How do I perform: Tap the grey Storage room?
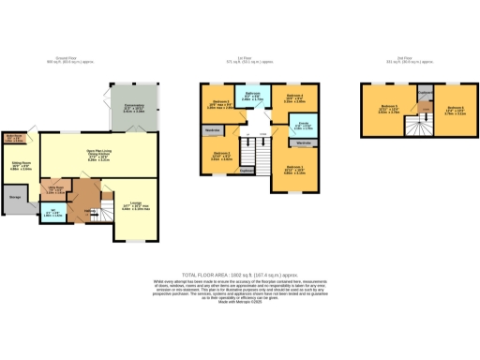point(15,198)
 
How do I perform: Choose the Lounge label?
point(137,206)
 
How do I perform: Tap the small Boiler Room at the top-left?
point(13,139)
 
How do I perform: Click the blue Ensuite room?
point(305,126)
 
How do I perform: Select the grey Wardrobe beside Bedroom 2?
point(212,130)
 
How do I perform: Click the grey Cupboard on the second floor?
point(424,94)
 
